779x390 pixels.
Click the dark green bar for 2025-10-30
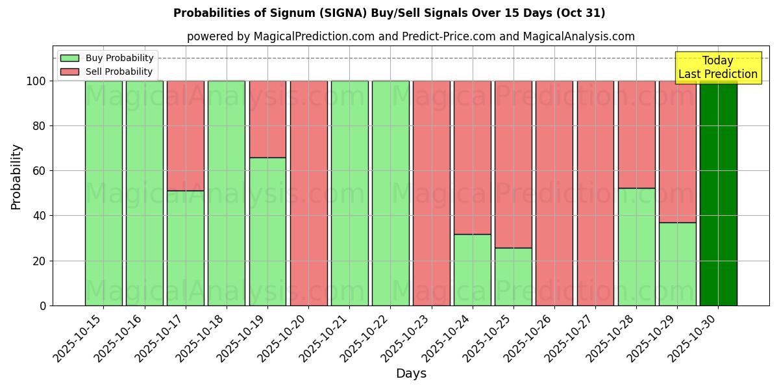[x=718, y=193]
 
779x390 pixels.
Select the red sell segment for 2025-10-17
[x=186, y=135]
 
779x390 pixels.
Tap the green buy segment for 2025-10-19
[x=267, y=231]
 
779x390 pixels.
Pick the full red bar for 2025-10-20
[x=308, y=193]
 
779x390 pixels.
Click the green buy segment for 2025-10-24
[x=473, y=270]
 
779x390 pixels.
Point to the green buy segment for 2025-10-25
[x=513, y=276]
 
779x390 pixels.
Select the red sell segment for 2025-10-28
[x=636, y=135]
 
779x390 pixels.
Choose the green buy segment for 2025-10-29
[x=677, y=264]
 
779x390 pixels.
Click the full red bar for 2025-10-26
[x=554, y=193]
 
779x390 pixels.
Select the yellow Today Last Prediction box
[x=717, y=68]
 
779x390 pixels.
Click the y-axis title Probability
[x=16, y=176]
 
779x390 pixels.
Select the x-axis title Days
[x=411, y=374]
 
